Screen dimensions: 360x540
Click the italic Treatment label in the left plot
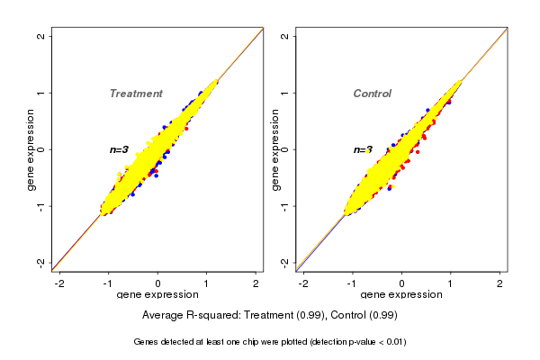[x=136, y=94]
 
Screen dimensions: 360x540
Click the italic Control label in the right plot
[x=372, y=94]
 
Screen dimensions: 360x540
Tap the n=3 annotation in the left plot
[x=120, y=149]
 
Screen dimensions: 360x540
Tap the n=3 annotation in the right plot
[x=363, y=149]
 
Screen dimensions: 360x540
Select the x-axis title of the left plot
[x=157, y=295]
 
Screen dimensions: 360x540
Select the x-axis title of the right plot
[x=401, y=295]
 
